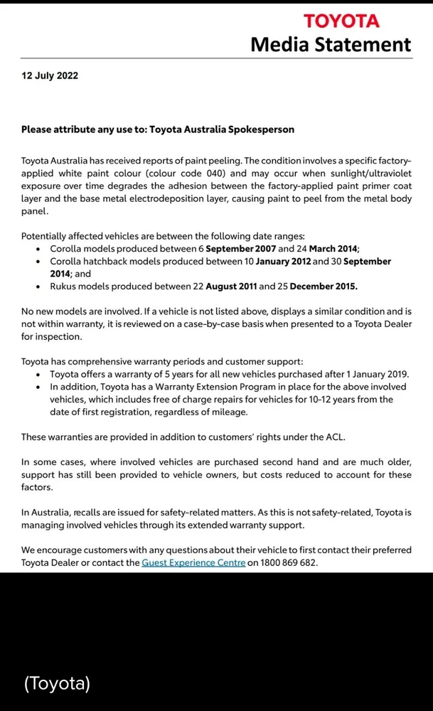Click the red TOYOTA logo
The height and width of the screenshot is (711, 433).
pyautogui.click(x=341, y=21)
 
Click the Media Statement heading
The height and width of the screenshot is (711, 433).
pyautogui.click(x=331, y=45)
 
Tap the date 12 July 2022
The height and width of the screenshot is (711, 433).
pyautogui.click(x=50, y=76)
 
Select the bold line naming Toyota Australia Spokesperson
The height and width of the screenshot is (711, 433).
pyautogui.click(x=158, y=129)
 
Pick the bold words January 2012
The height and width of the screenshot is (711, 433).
pyautogui.click(x=276, y=262)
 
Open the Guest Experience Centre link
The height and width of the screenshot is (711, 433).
pyautogui.click(x=193, y=562)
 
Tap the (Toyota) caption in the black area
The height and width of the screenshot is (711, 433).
pyautogui.click(x=57, y=684)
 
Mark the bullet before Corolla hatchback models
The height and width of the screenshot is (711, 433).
pyautogui.click(x=38, y=262)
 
